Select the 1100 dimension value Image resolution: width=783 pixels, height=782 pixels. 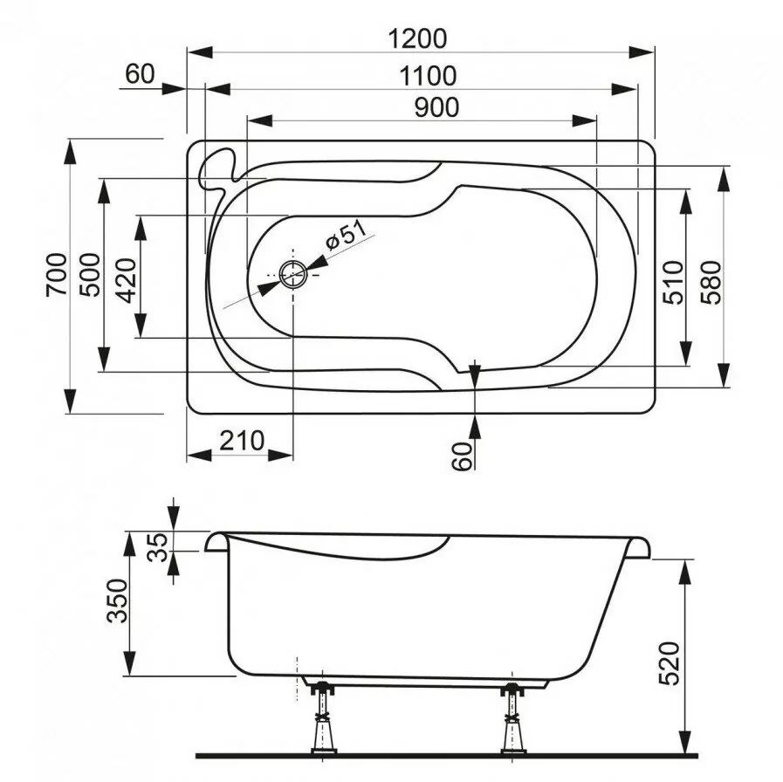427,76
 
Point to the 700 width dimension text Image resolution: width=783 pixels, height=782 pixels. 55,275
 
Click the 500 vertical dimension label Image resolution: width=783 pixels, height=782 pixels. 90,275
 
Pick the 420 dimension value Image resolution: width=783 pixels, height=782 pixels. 126,278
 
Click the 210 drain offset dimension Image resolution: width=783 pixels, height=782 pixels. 240,441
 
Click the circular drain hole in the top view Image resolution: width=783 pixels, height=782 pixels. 293,274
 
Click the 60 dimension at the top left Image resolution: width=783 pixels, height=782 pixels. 140,74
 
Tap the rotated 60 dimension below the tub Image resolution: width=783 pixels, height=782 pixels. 464,454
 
